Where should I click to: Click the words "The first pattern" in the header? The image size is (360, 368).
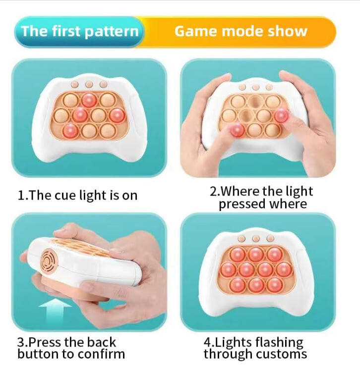[x=79, y=32]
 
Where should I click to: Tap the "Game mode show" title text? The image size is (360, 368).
[x=241, y=32]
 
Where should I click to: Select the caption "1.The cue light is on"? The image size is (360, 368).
[x=77, y=195]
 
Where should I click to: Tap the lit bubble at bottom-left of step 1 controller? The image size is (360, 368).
[x=70, y=130]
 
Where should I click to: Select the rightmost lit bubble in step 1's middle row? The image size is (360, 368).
[x=117, y=115]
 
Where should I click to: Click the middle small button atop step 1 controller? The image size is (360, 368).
[x=89, y=84]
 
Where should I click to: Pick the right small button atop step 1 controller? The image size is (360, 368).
[x=103, y=84]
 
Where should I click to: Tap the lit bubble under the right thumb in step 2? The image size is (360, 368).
[x=281, y=115]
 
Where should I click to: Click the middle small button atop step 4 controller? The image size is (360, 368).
[x=256, y=239]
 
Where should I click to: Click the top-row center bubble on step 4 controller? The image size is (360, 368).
[x=256, y=254]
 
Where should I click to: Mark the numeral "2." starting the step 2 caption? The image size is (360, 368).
[x=215, y=192]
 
